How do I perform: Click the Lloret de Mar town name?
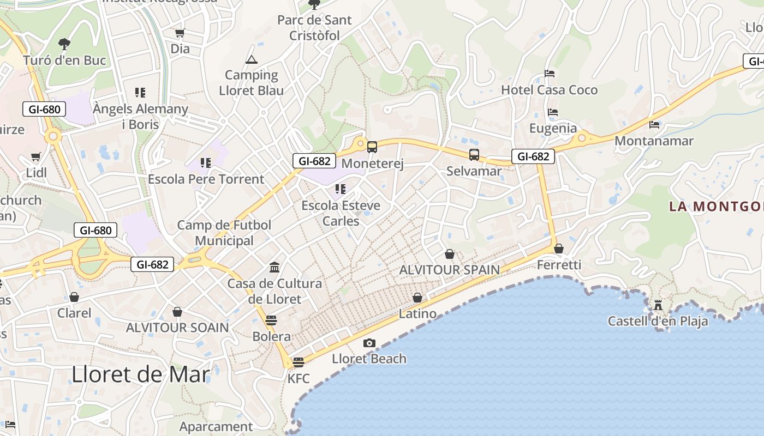tap(141, 375)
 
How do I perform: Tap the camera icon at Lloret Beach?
tap(369, 343)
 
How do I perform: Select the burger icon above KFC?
tap(298, 362)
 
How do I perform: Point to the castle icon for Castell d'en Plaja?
tap(658, 305)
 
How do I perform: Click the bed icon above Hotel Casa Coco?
tap(550, 74)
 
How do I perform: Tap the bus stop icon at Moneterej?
tap(372, 147)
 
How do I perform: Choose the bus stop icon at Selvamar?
tap(474, 155)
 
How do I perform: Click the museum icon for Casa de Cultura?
tap(274, 267)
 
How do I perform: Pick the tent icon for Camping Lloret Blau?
tap(251, 59)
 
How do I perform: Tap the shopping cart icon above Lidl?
tap(36, 157)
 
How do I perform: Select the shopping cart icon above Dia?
tap(180, 33)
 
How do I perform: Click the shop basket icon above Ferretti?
tap(558, 249)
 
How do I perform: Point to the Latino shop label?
tap(417, 313)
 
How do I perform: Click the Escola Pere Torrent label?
tap(206, 179)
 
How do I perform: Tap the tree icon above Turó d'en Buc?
tap(64, 44)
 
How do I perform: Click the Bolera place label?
tap(271, 336)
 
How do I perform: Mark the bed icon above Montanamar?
tap(654, 125)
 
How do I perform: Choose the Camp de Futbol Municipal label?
tap(224, 233)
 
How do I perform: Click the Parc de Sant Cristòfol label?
tap(315, 28)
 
